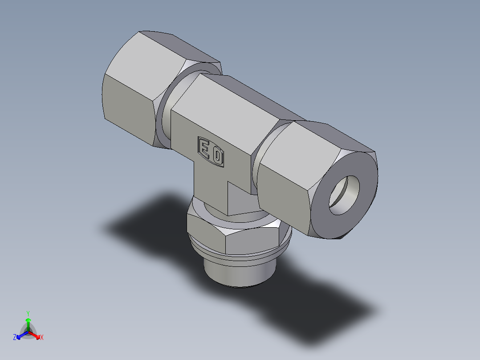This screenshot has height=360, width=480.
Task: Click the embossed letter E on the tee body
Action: pos(205,149)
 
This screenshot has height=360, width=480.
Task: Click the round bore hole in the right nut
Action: pos(344,195)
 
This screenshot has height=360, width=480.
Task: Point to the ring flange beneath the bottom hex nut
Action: pos(240,258)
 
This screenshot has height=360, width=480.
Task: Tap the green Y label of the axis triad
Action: pos(28,313)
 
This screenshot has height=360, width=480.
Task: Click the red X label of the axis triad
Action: pos(42,338)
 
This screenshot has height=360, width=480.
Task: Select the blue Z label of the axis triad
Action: pos(15,338)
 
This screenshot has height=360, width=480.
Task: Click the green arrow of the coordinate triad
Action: pos(28,323)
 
